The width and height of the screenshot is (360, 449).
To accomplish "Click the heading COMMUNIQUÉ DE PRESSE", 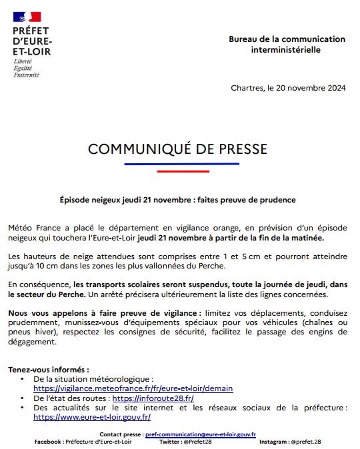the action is (x=177, y=148).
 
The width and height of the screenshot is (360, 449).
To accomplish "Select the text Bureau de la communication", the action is (x=287, y=39).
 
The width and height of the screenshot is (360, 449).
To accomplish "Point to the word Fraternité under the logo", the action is (x=27, y=75).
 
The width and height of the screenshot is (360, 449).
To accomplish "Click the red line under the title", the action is (x=178, y=171).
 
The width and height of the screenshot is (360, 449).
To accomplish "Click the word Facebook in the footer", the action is (x=48, y=442).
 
